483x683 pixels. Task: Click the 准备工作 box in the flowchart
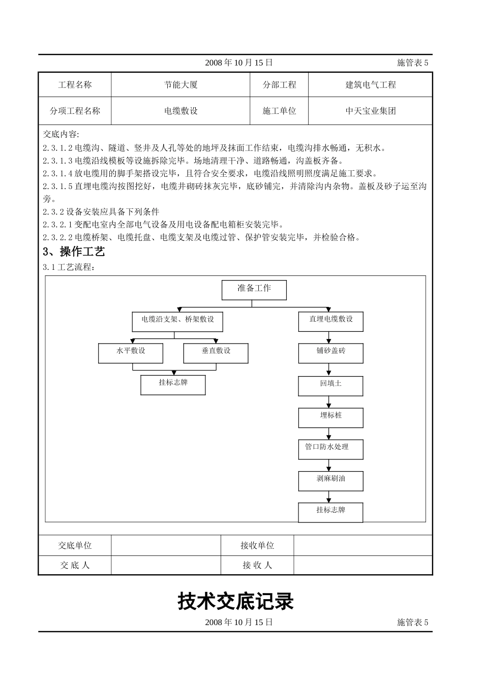point(254,290)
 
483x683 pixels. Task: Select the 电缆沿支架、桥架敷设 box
point(177,322)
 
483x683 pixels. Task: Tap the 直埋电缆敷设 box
point(330,322)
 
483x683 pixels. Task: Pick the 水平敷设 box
point(131,353)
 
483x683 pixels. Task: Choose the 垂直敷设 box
point(216,353)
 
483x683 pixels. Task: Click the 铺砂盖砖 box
point(330,353)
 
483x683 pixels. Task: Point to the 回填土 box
point(330,386)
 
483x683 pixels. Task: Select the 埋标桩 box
point(330,418)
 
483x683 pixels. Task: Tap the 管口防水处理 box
point(330,449)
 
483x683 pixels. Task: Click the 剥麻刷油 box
point(330,481)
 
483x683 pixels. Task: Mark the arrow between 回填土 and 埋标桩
point(329,402)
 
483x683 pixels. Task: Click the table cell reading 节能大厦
point(180,85)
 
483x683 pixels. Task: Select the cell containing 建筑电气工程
point(370,85)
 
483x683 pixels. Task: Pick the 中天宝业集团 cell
point(370,111)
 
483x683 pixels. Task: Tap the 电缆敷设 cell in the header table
point(180,111)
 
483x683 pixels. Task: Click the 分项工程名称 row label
point(75,111)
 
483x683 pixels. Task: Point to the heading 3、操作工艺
point(74,252)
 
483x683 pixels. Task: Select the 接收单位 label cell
point(257,545)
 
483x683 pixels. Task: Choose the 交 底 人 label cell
point(75,565)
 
